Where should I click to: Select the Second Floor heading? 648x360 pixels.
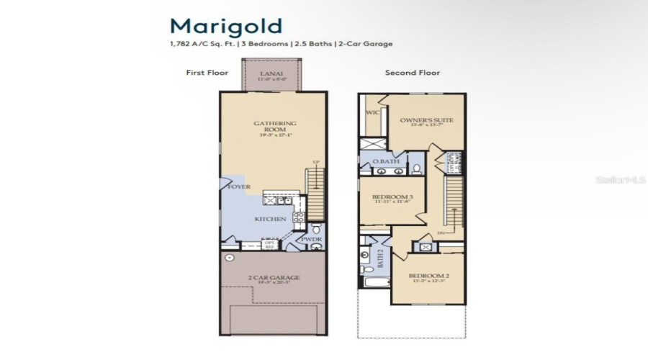click(x=412, y=73)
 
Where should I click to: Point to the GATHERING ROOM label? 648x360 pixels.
click(x=274, y=127)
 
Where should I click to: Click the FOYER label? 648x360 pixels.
click(x=239, y=187)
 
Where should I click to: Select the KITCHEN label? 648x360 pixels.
click(x=270, y=219)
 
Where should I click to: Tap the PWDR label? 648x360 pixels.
click(x=310, y=238)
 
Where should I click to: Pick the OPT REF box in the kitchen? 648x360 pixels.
click(x=270, y=245)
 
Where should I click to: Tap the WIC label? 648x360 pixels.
click(x=372, y=113)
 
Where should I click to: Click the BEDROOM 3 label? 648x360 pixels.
click(x=392, y=197)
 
